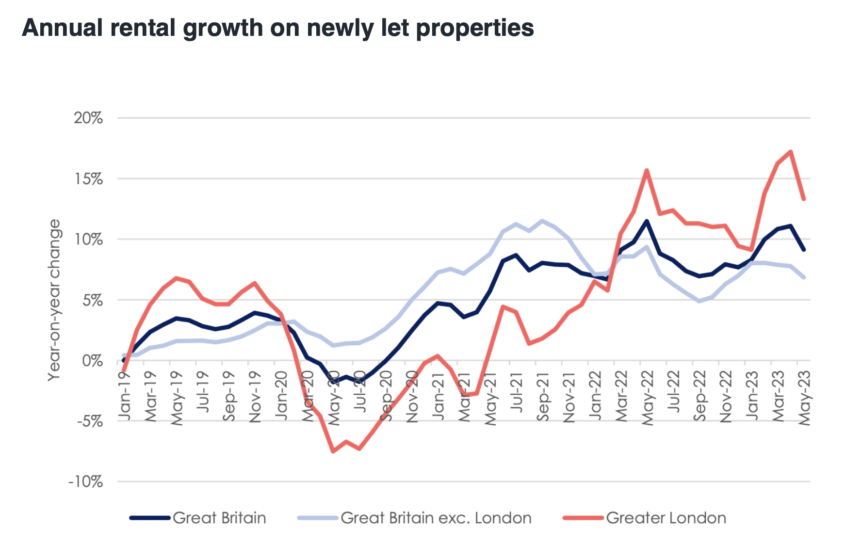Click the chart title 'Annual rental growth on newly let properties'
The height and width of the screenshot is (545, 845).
click(278, 28)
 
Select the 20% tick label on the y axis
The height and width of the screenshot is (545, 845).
click(88, 118)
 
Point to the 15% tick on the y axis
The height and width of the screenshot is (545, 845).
click(88, 179)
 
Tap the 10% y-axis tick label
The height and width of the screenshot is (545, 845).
click(88, 240)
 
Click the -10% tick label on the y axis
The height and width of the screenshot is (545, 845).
click(86, 482)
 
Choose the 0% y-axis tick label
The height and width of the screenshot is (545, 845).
click(92, 361)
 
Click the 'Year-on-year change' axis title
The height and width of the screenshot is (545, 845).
click(54, 300)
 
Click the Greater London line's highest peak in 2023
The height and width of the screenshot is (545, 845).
click(791, 152)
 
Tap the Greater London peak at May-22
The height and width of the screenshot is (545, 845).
click(647, 170)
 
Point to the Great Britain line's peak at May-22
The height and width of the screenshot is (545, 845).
click(647, 221)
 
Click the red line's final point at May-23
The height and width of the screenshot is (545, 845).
click(804, 199)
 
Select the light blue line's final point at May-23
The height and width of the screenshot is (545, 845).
click(804, 277)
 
